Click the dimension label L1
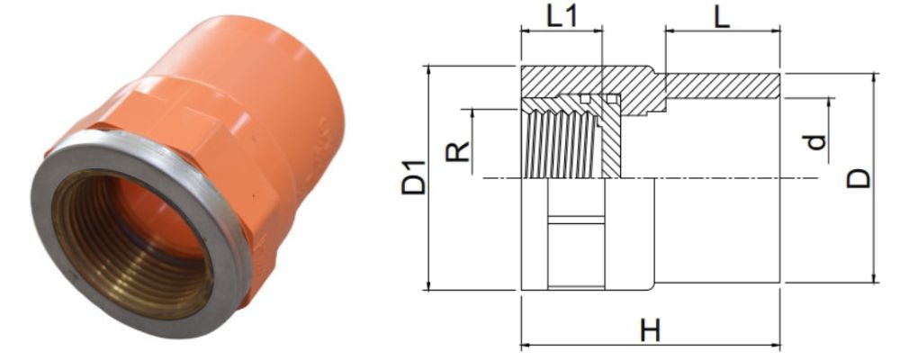click(x=561, y=15)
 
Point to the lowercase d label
click(x=814, y=141)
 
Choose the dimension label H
click(x=650, y=330)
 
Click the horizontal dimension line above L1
click(x=561, y=31)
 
